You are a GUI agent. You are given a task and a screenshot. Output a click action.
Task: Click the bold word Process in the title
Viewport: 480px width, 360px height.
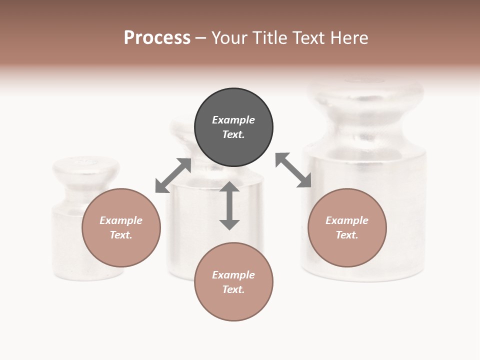[x=157, y=38]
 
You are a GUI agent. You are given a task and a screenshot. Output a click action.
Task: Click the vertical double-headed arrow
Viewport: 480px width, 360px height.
[x=229, y=205]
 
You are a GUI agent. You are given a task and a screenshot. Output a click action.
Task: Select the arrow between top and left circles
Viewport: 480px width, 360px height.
[x=173, y=175]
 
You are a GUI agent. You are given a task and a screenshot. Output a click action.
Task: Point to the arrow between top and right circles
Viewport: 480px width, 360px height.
[x=293, y=170]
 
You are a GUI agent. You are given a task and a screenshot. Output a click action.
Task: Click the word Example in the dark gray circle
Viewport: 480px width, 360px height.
[x=233, y=120]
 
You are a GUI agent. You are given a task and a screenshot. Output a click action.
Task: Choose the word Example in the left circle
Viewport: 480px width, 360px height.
[x=121, y=220]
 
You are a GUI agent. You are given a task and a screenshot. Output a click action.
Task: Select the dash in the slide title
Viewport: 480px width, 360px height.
[x=201, y=38]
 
